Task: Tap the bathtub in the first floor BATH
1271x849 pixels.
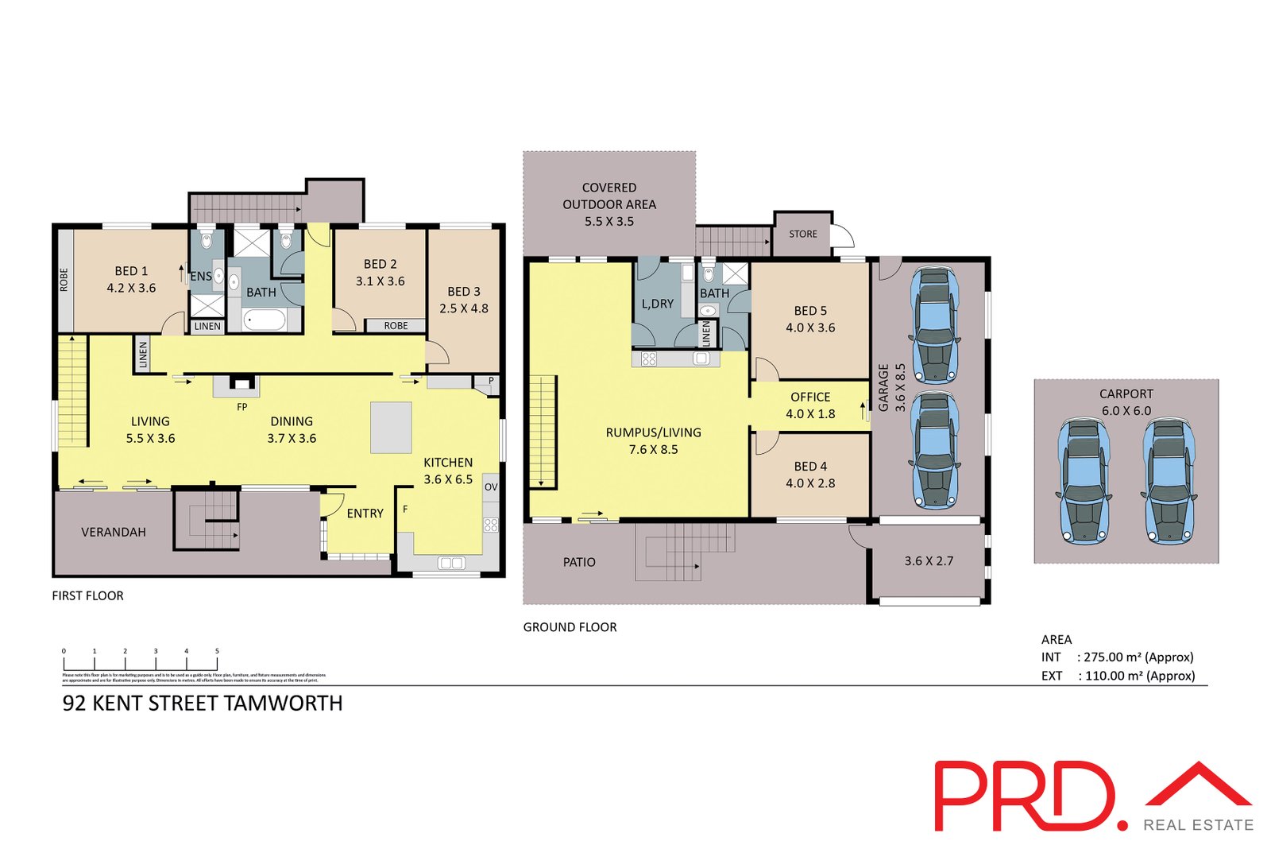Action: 264,320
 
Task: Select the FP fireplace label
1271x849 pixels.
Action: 242,407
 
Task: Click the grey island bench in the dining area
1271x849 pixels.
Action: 391,428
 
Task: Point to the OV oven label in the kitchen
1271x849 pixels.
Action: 491,487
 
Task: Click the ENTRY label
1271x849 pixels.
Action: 365,514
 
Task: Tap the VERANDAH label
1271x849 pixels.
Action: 114,532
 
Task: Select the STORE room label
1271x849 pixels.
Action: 803,234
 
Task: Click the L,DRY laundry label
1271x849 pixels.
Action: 658,304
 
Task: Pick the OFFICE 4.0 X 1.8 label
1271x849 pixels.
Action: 810,405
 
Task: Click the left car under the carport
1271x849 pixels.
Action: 1083,481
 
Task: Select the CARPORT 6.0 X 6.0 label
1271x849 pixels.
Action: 1126,402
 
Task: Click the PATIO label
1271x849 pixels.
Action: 579,562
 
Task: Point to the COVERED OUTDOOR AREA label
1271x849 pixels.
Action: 609,204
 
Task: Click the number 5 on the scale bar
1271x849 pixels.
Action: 217,651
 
